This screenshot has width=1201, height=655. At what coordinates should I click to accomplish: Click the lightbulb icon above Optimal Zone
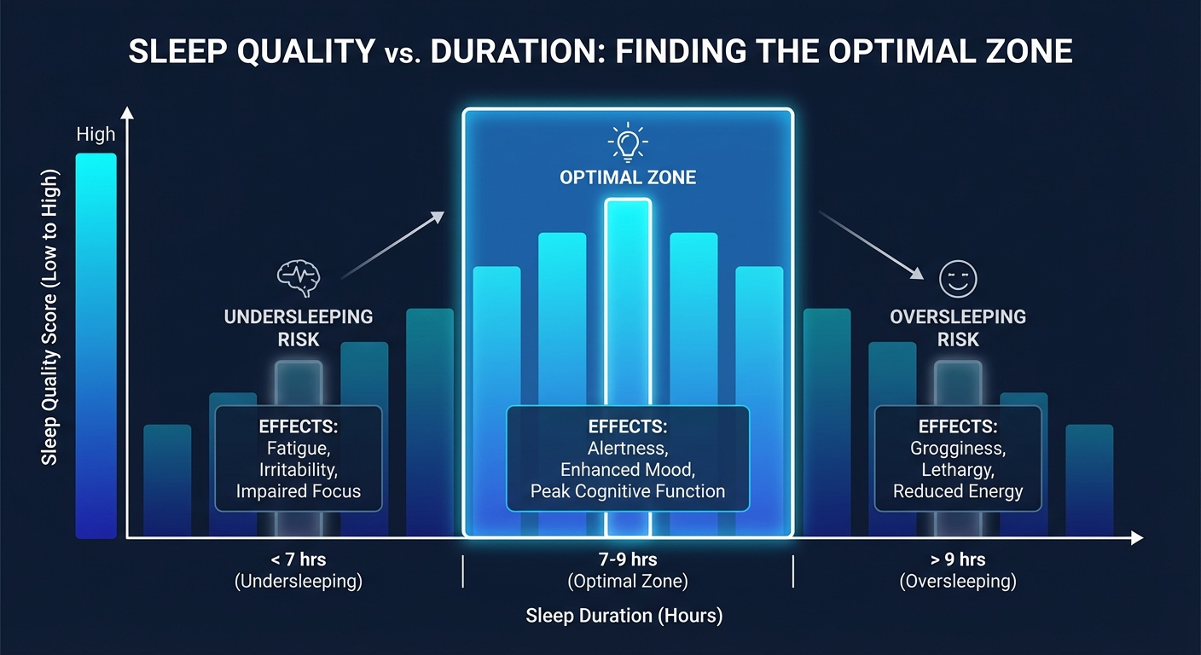pos(628,142)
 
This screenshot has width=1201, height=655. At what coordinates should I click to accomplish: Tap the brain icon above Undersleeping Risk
pos(298,277)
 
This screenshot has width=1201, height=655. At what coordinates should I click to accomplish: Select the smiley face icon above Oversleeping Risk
pos(957,278)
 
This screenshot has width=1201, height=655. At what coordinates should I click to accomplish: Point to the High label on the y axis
pos(96,135)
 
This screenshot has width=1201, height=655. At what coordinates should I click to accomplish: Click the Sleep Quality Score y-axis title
pos(50,317)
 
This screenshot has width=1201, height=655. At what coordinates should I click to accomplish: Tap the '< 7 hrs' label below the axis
pos(298,560)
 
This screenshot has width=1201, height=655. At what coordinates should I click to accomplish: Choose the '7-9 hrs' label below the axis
pos(627,560)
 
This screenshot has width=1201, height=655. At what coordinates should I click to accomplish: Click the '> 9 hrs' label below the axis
pos(957,560)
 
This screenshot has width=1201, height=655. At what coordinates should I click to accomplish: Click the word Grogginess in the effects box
pos(958,447)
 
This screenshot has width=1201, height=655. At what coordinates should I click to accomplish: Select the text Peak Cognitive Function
pos(627,491)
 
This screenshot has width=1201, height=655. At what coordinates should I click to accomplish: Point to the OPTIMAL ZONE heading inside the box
pos(628,178)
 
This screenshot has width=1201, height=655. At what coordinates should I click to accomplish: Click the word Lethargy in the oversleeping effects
pos(957,469)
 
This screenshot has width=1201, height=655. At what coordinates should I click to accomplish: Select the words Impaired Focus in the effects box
pos(299,491)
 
